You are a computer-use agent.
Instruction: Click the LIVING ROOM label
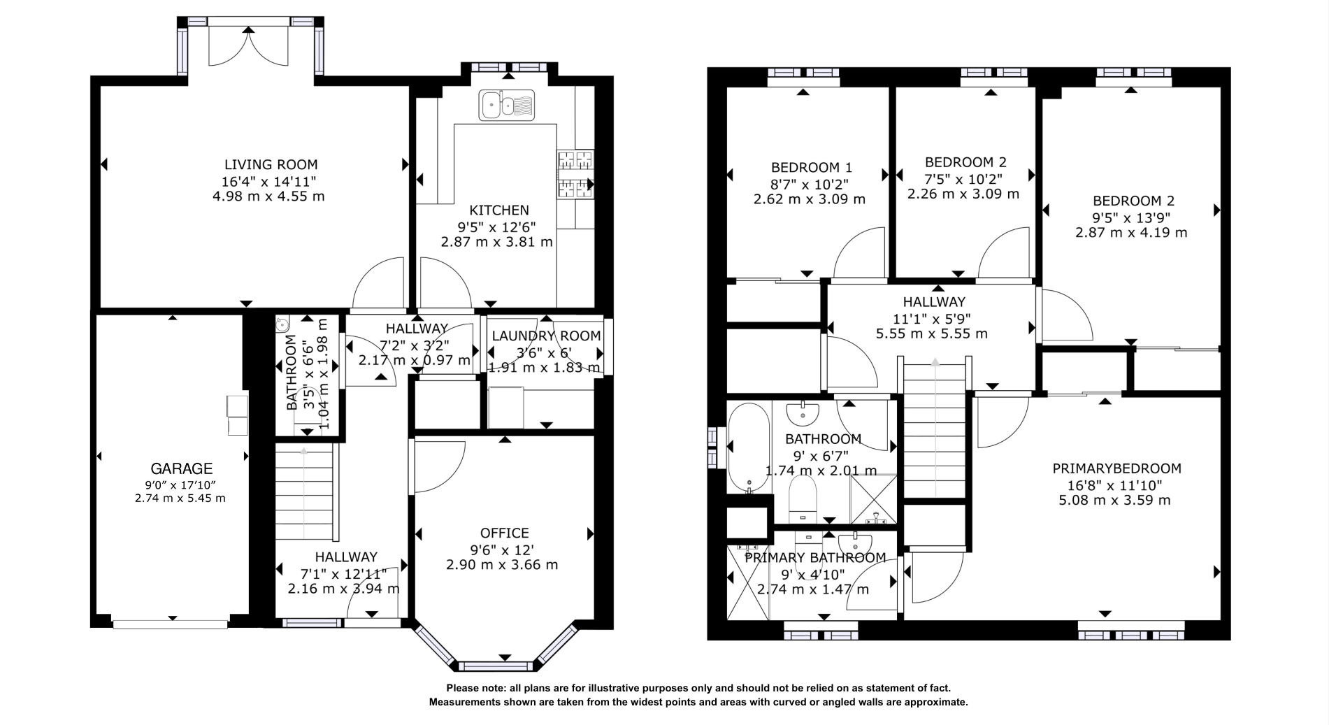[271, 165]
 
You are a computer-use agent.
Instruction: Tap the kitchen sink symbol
[506, 105]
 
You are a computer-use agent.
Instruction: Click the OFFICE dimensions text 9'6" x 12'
[502, 549]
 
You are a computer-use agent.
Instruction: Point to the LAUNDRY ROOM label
[546, 336]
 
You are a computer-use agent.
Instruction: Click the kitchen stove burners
[575, 175]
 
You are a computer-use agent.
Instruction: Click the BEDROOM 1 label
[811, 168]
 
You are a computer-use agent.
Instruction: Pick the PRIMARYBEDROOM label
[1116, 468]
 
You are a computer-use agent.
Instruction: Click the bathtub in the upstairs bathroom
[748, 447]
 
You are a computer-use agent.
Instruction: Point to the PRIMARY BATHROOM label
[815, 558]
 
